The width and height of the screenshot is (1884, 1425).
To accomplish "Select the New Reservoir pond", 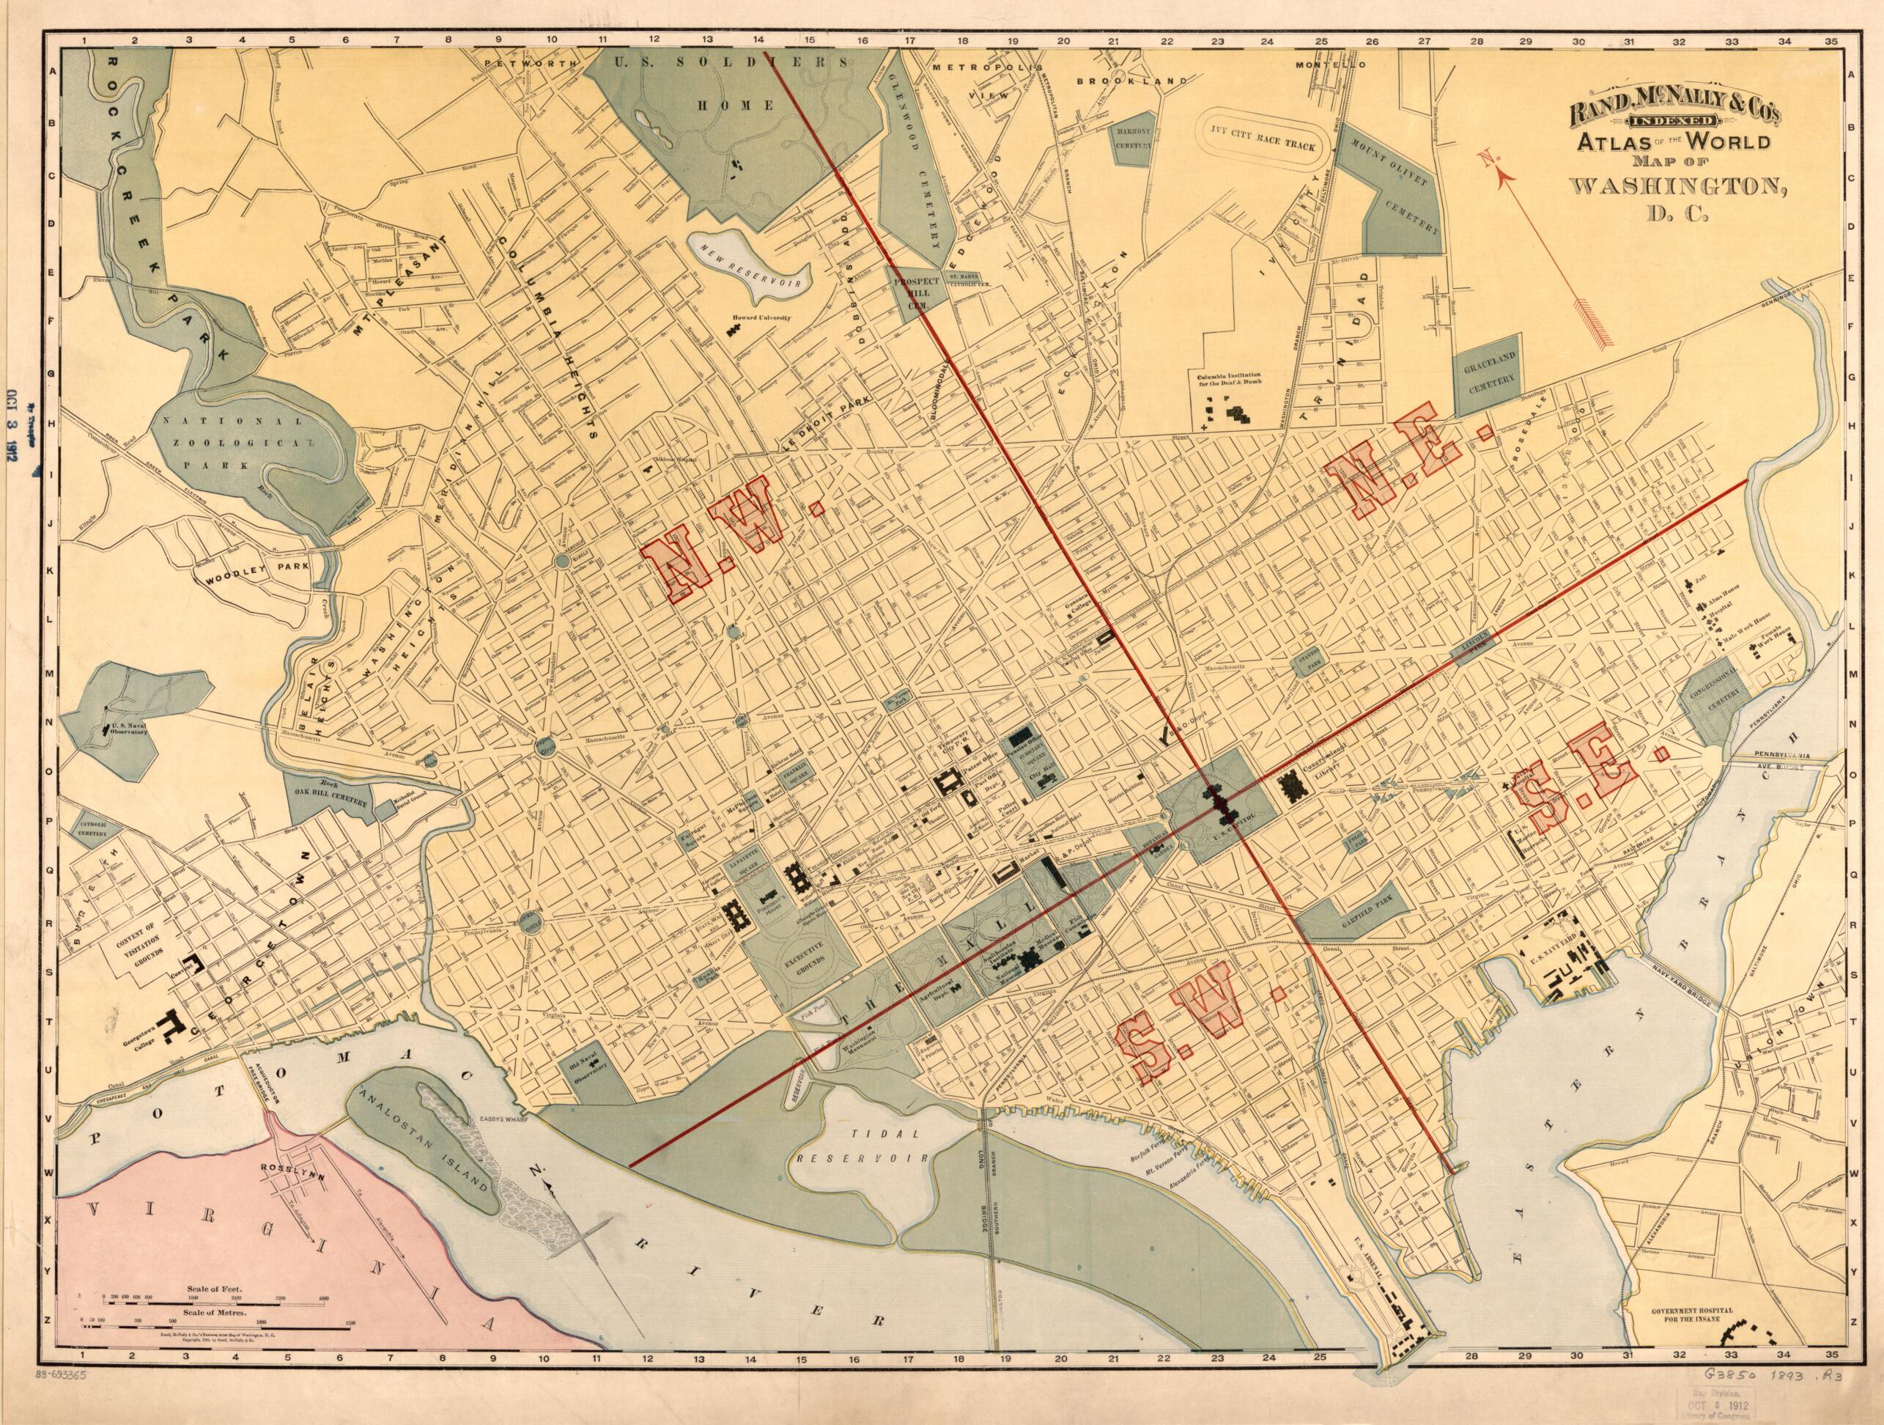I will click(747, 265).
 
